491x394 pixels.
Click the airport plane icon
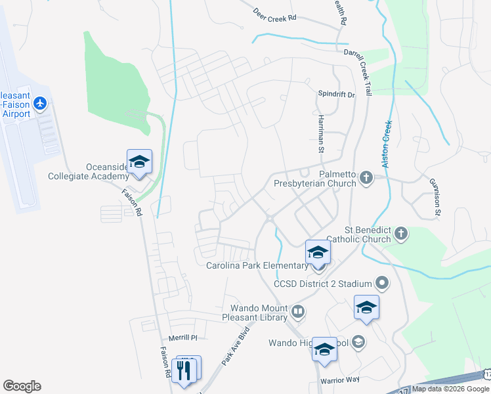click(x=41, y=103)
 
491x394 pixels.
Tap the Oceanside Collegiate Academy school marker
click(x=139, y=162)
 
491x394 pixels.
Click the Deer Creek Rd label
click(x=275, y=15)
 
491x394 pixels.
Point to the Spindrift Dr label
click(x=336, y=95)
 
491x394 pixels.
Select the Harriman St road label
click(x=322, y=131)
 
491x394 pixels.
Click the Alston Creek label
click(x=387, y=144)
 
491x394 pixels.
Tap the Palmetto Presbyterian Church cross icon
click(x=367, y=177)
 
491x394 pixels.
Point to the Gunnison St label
click(x=435, y=196)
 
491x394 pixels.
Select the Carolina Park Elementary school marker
click(x=318, y=253)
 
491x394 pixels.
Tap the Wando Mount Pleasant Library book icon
click(x=298, y=313)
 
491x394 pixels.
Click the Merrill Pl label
click(x=183, y=338)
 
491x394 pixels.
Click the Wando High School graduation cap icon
click(x=358, y=341)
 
